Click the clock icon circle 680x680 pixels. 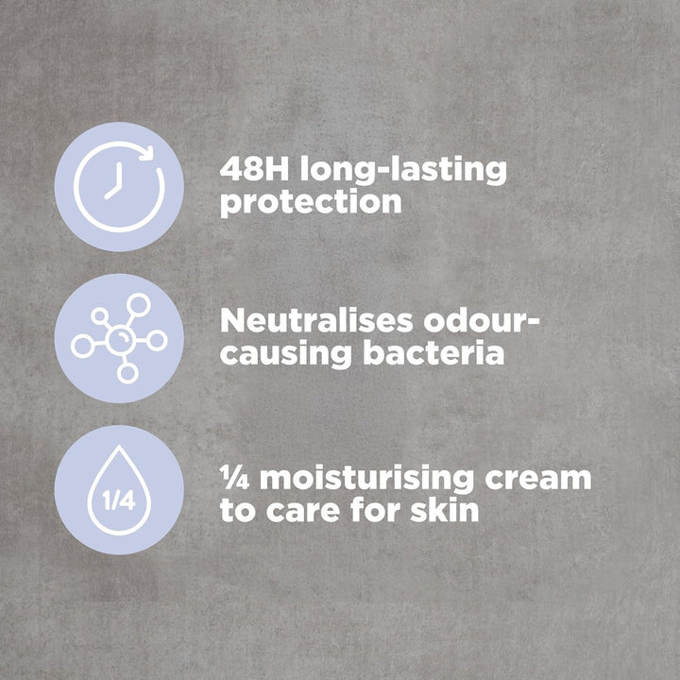pos(119,186)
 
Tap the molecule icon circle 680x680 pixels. pos(119,337)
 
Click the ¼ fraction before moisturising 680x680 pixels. pos(234,478)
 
